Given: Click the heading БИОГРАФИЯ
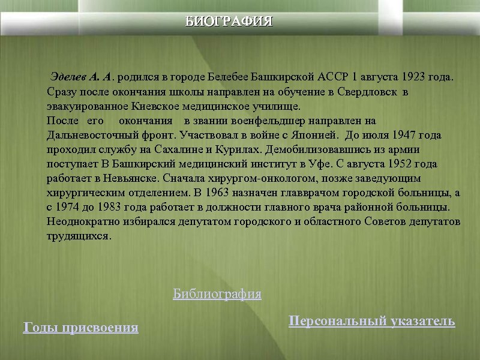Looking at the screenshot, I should (x=229, y=22).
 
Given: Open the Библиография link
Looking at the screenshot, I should (x=217, y=294).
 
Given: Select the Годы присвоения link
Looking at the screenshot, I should (x=80, y=328).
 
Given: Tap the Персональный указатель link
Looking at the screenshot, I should (x=371, y=321).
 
